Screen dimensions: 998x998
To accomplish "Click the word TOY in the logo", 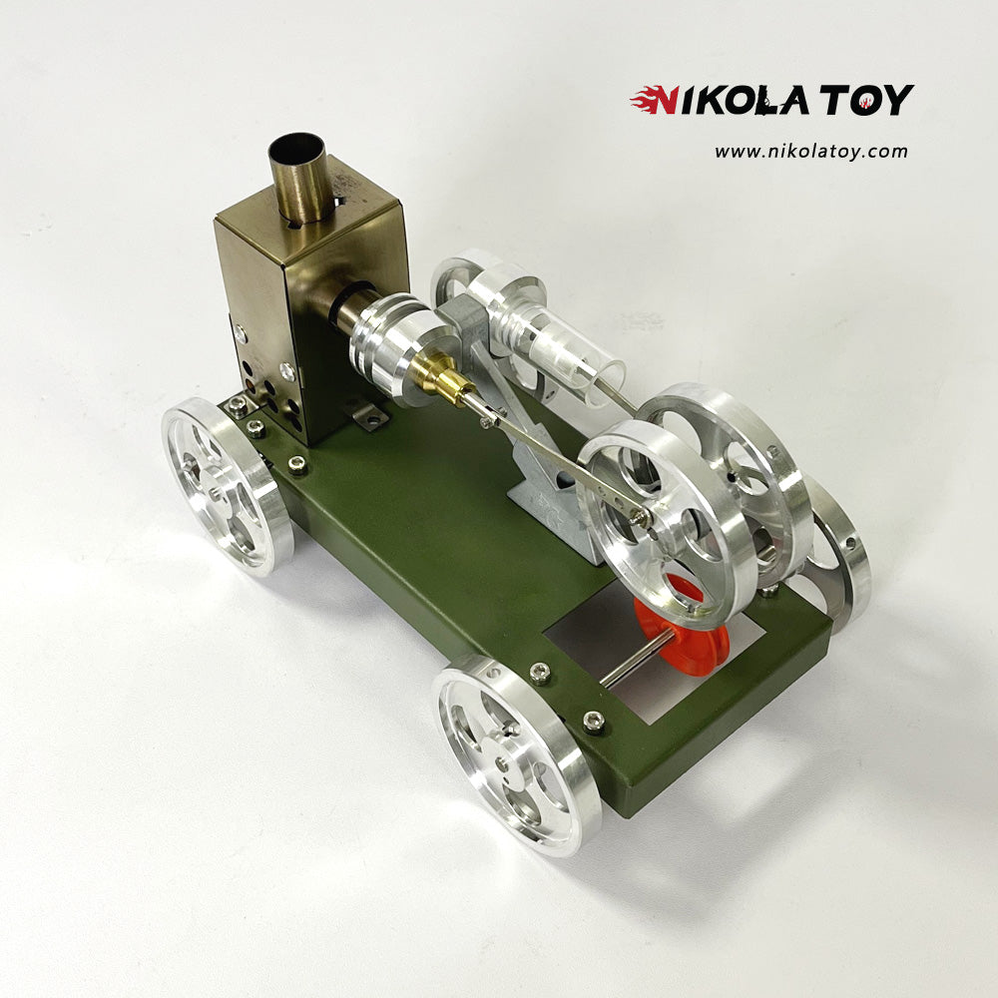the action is tap(867, 100).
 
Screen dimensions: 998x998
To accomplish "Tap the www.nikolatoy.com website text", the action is tap(810, 152).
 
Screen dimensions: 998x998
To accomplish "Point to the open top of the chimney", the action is tap(297, 148).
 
